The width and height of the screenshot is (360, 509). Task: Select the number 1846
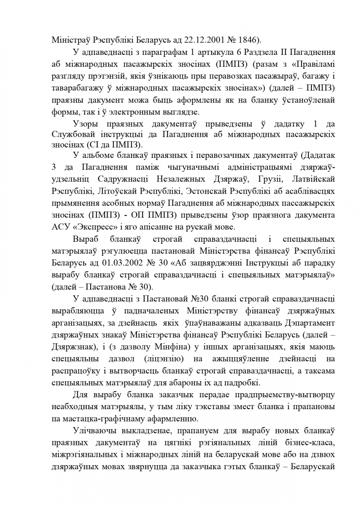247,40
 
